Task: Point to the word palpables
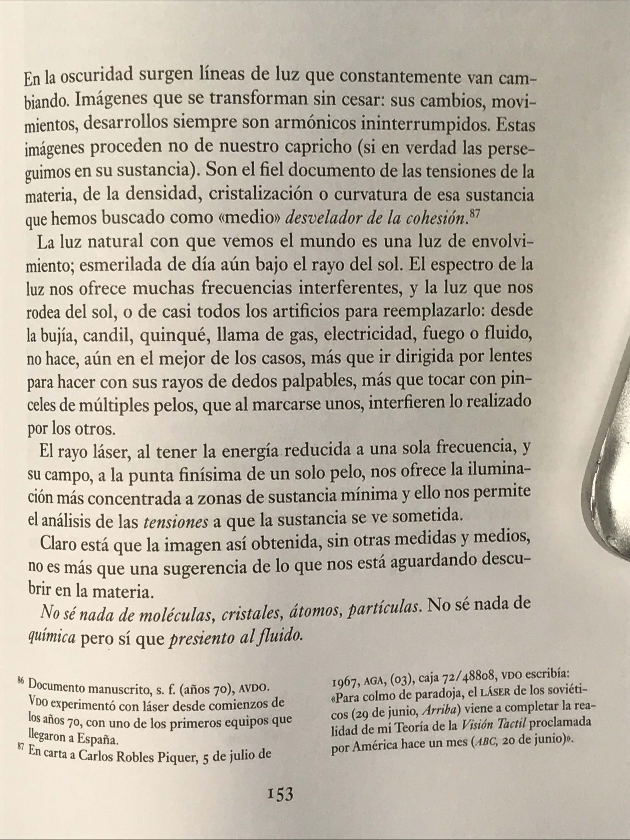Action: tap(318, 381)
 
